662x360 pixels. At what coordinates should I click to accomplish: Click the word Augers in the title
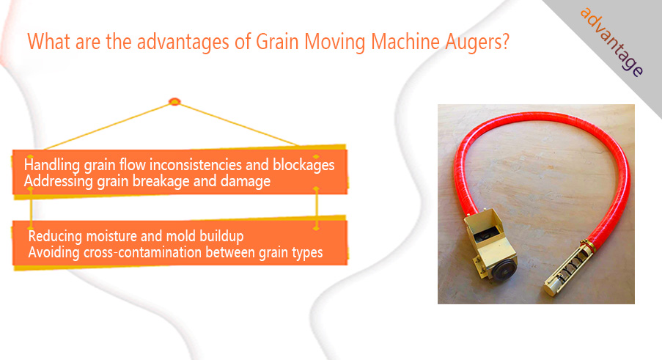[x=477, y=43]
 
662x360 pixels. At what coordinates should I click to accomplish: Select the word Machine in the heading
[x=405, y=42]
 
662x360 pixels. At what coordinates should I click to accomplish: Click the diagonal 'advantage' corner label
[x=611, y=43]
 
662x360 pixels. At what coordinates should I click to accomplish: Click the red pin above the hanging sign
[x=174, y=102]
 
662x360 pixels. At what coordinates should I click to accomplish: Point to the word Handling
[x=52, y=165]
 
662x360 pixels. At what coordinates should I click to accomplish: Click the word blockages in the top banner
[x=304, y=165]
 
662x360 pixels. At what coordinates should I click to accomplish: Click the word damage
[x=246, y=182]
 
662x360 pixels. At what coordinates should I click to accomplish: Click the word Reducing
[x=55, y=236]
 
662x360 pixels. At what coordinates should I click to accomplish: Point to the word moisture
[x=111, y=236]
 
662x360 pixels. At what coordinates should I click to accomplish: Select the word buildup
[x=221, y=236]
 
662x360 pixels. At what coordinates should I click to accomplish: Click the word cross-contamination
[x=143, y=252]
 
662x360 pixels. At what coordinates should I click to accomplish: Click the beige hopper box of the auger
[x=490, y=244]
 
